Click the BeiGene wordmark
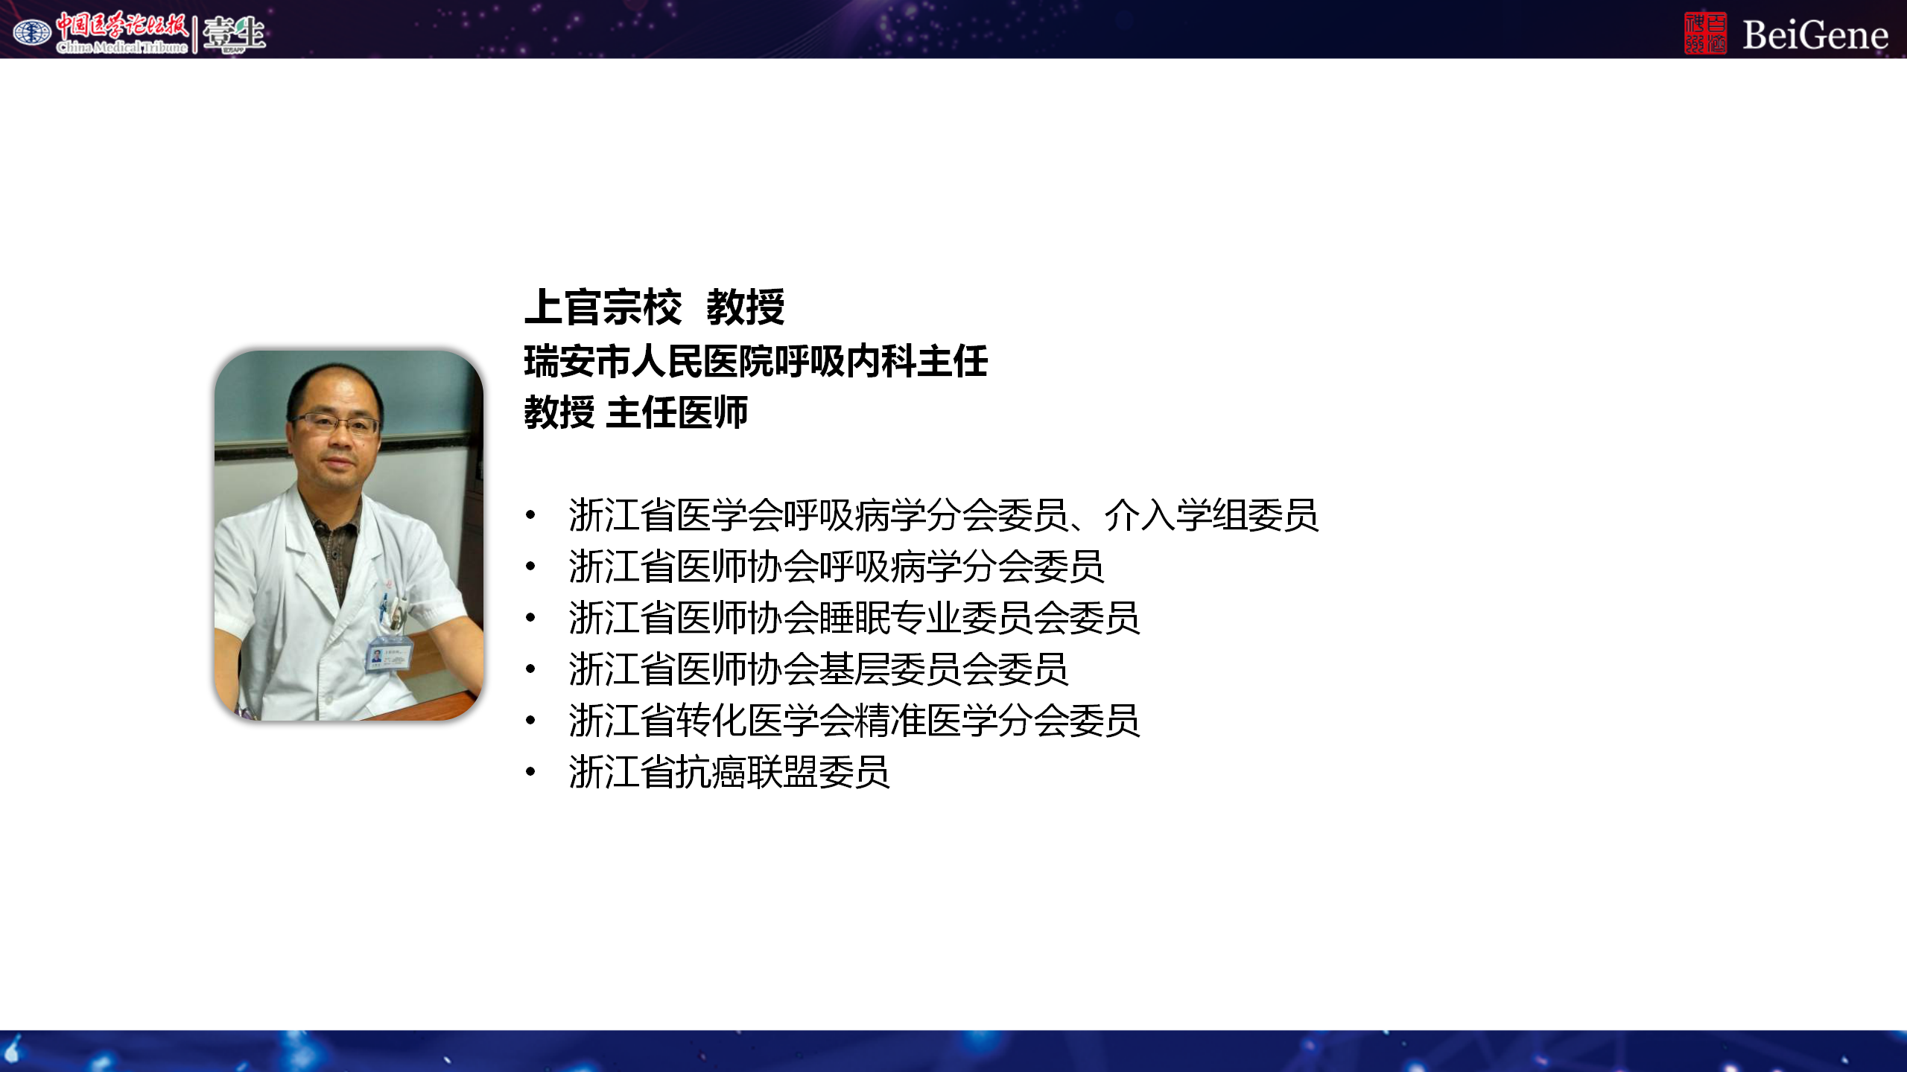pyautogui.click(x=1815, y=35)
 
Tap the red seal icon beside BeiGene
pyautogui.click(x=1705, y=33)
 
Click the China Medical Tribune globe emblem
pyautogui.click(x=32, y=33)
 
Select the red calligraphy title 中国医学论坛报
pyautogui.click(x=123, y=26)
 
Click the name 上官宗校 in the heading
pyautogui.click(x=603, y=307)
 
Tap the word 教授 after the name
pyautogui.click(x=746, y=307)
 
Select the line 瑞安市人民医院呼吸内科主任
pyautogui.click(x=755, y=362)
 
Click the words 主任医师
pyautogui.click(x=677, y=412)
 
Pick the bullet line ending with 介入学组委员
pyautogui.click(x=944, y=515)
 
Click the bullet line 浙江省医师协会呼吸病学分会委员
pyautogui.click(x=836, y=567)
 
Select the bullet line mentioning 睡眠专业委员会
pyautogui.click(x=854, y=618)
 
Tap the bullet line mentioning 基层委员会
pyautogui.click(x=819, y=669)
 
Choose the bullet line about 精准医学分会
pyautogui.click(x=854, y=721)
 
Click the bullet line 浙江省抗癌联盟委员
pyautogui.click(x=729, y=772)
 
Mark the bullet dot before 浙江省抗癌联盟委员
pyautogui.click(x=530, y=772)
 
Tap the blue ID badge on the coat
pyautogui.click(x=389, y=655)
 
